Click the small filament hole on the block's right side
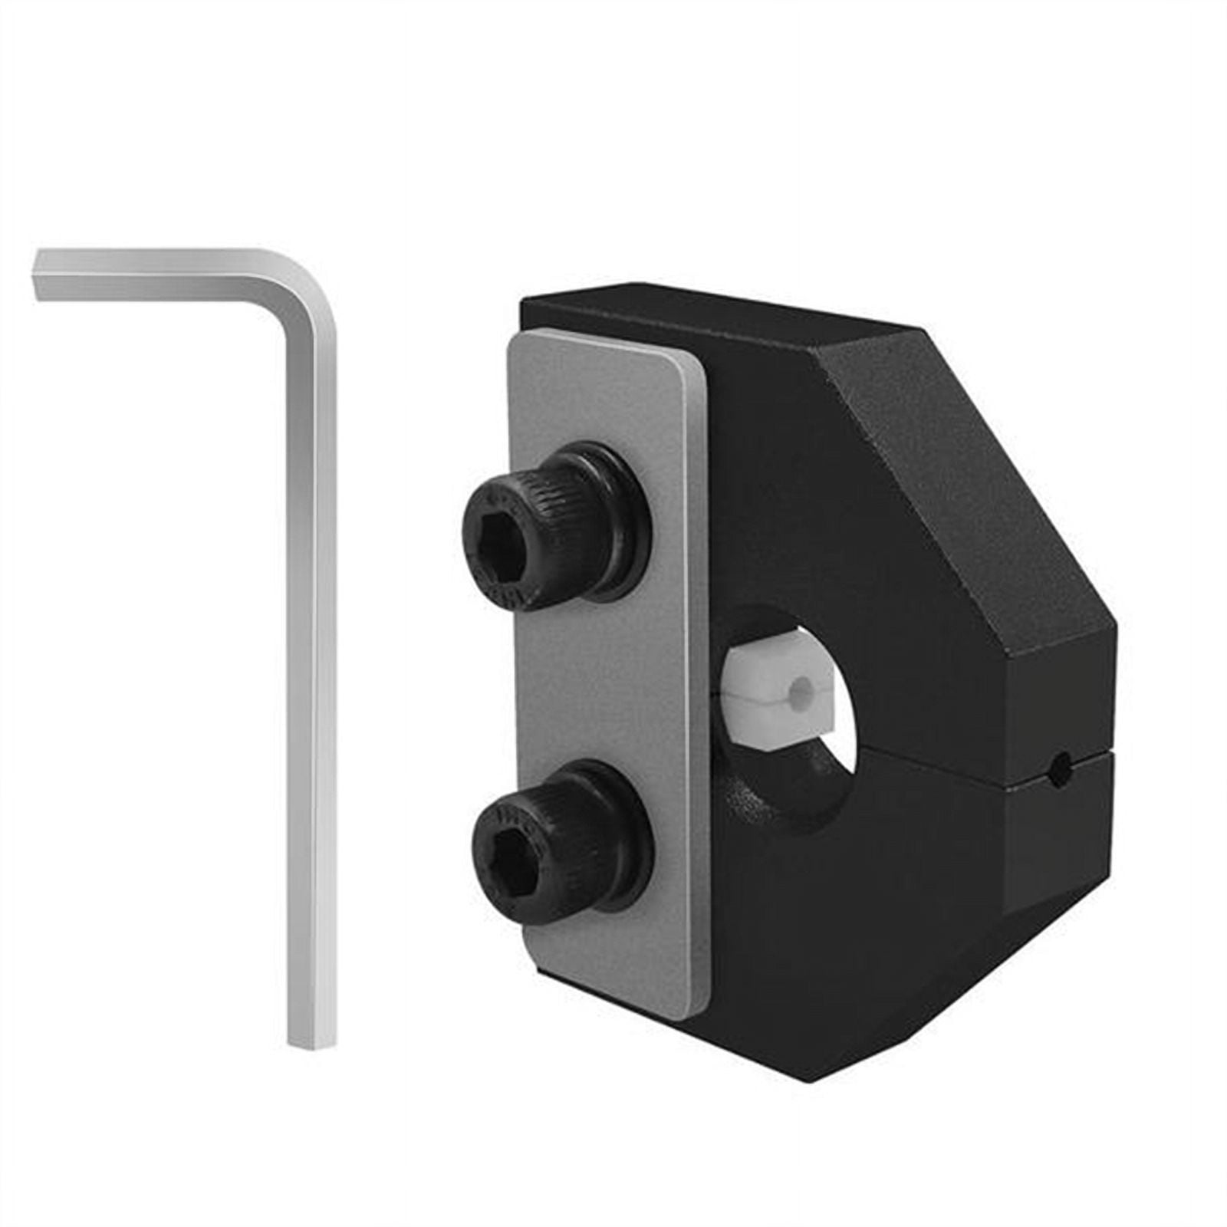(x=1061, y=763)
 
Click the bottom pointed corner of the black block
(x=813, y=1077)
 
